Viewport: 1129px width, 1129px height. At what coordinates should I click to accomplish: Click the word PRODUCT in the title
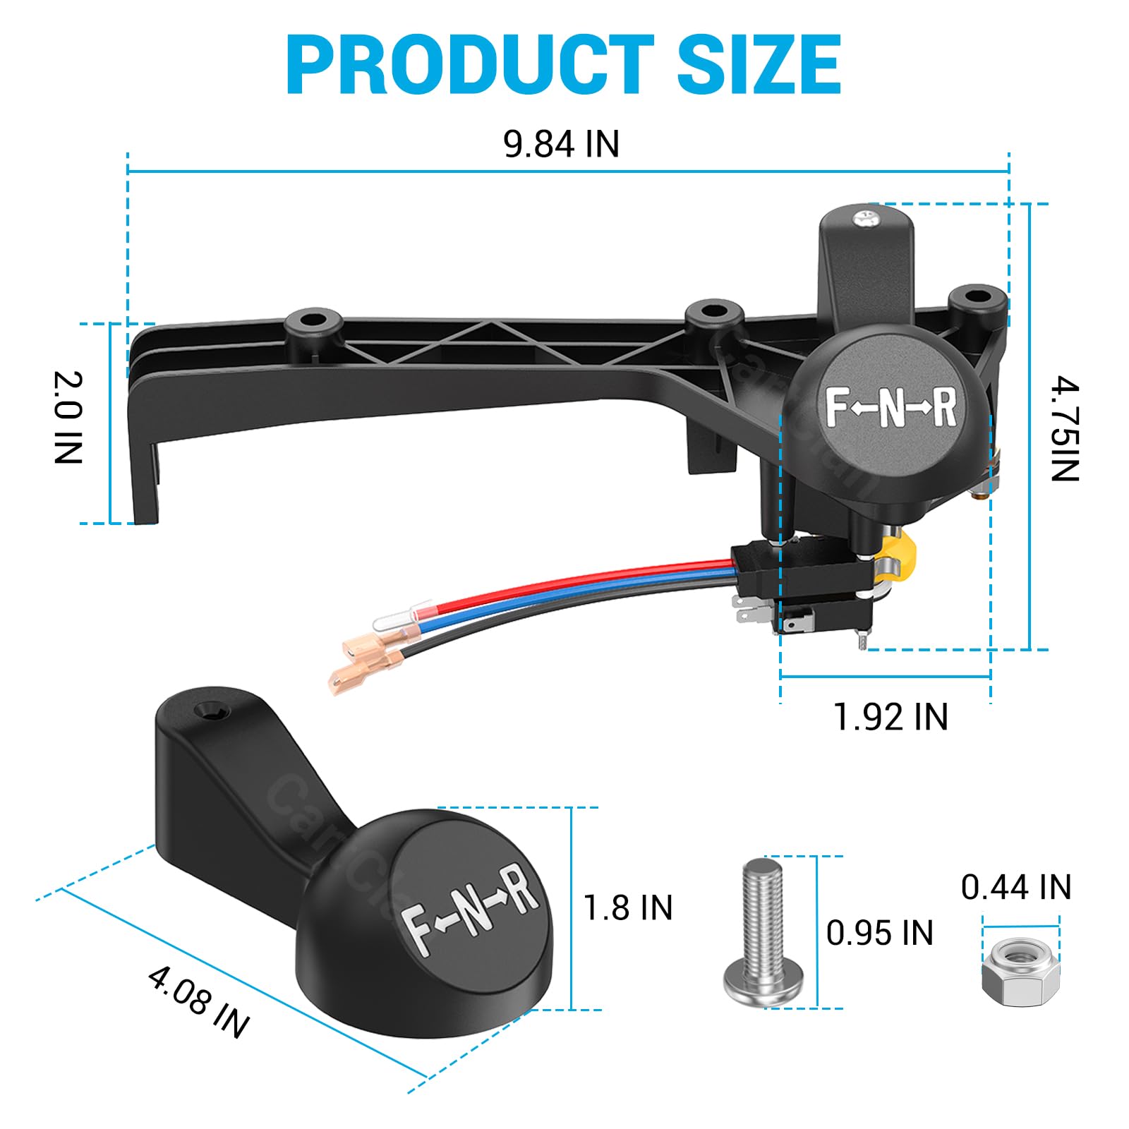(470, 65)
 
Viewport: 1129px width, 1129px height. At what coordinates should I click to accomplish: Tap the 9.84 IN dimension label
(561, 144)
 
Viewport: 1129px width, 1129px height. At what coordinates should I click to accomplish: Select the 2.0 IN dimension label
(68, 417)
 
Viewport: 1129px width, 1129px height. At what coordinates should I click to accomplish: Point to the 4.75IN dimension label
(1064, 429)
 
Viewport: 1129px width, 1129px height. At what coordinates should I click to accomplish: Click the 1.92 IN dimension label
(890, 717)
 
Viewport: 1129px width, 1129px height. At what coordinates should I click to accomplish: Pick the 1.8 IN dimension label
(628, 907)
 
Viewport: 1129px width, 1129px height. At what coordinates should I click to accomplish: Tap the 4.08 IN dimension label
(199, 1002)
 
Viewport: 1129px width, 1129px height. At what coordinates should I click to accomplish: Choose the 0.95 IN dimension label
(879, 933)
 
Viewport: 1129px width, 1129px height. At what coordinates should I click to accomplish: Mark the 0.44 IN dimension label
(1016, 887)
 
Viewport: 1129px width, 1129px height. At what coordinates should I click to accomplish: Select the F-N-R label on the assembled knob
(890, 408)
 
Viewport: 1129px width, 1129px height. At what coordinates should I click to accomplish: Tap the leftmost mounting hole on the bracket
(313, 320)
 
